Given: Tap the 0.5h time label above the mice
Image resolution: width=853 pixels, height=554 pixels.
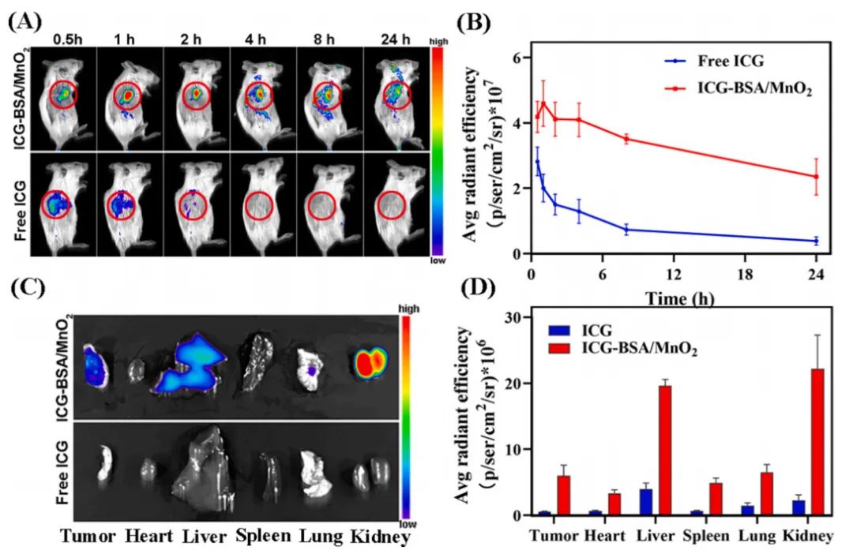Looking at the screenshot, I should coord(64,38).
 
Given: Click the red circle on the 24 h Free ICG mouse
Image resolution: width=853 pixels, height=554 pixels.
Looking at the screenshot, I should coord(393,203).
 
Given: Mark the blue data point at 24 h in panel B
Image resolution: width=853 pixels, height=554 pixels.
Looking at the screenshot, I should coord(816,241).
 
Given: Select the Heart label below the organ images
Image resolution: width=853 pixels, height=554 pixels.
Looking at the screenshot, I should coord(147,537).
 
